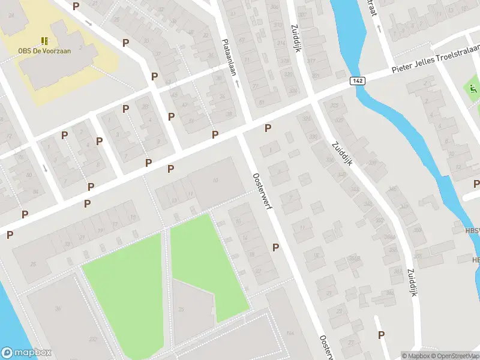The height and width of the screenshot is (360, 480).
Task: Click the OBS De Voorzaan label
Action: coord(44,51)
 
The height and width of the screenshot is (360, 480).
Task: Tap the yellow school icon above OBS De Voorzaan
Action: coord(44,41)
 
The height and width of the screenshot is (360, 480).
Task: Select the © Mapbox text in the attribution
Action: coord(414,356)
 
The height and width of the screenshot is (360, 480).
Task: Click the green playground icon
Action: coord(473,89)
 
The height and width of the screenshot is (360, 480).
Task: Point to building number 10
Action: coord(215,181)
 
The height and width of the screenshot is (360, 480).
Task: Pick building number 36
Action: coord(58,309)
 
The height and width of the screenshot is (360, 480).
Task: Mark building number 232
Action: coord(92,340)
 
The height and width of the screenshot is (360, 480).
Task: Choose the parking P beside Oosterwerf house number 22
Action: coord(275,247)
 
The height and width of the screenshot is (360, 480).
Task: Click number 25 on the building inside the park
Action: coord(181,310)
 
